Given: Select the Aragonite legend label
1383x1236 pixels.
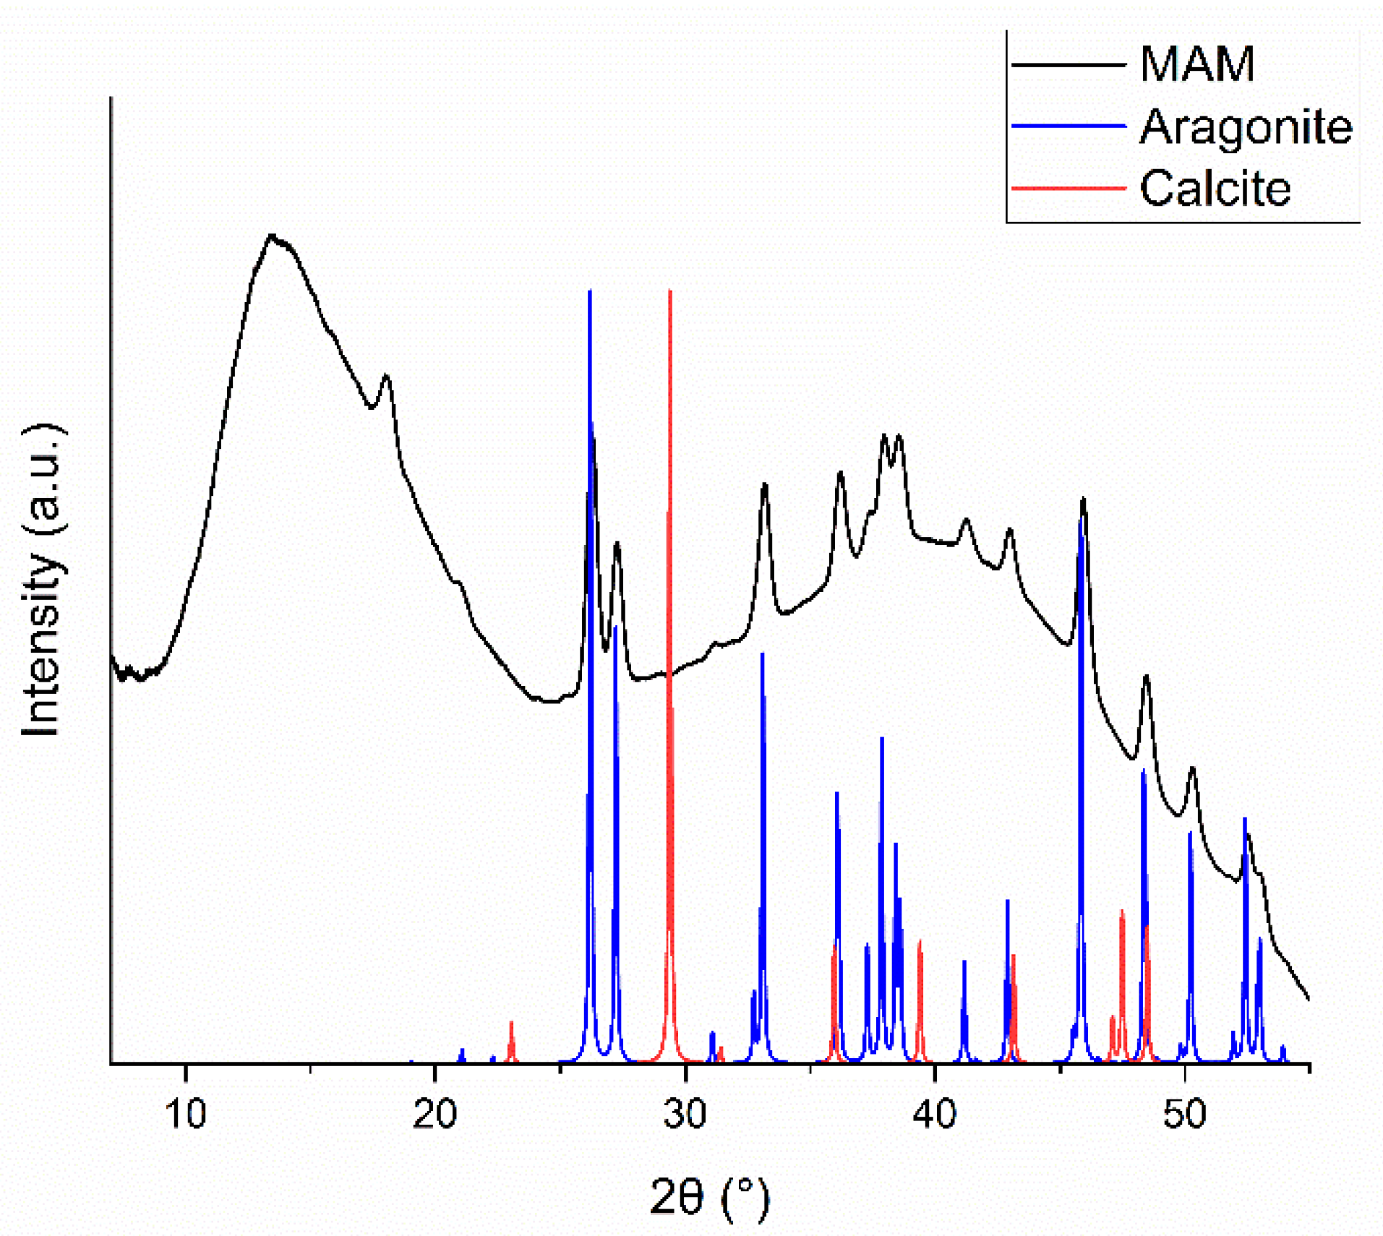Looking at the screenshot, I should (1244, 127).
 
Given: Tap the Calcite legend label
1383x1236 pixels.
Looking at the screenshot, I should (1214, 189).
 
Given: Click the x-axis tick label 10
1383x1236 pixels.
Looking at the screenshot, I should (186, 1114).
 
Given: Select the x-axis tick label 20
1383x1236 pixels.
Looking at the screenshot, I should (434, 1114).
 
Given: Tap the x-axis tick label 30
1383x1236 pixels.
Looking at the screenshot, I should (684, 1114).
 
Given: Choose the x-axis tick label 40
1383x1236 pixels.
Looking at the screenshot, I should (934, 1114).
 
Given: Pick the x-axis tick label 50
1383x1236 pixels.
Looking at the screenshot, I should (1183, 1114).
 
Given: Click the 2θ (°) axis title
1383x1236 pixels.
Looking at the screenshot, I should (708, 1198).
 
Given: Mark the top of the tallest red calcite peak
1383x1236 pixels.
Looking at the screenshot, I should (670, 291).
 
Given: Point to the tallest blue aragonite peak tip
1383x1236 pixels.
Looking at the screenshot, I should (590, 291).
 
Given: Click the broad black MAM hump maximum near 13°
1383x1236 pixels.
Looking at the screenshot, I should (272, 236).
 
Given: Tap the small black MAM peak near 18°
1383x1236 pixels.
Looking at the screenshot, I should (386, 376).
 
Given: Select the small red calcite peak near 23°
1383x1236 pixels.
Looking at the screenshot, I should (511, 1023).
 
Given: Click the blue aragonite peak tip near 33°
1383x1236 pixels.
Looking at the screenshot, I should (762, 654).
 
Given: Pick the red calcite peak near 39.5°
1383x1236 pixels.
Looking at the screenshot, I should (920, 941).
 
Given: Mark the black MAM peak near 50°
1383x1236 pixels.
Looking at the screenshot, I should (1192, 768).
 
